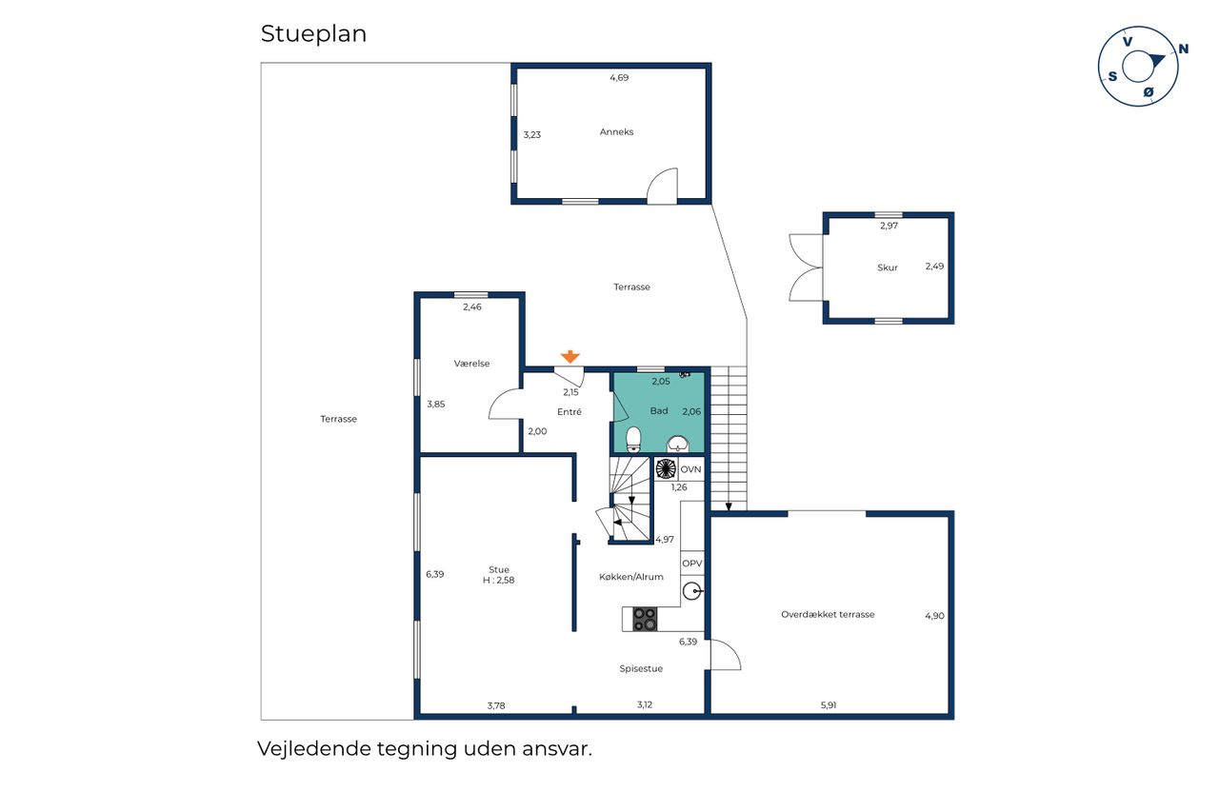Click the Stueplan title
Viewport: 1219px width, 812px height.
point(313,34)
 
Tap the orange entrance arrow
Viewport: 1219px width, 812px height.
point(570,357)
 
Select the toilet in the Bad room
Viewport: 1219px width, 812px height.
point(633,440)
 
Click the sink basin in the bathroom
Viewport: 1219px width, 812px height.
point(678,444)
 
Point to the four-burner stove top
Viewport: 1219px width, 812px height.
point(645,619)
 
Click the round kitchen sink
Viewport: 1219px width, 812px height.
point(691,590)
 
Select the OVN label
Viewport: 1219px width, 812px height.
point(690,469)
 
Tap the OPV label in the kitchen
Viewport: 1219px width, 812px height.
point(692,564)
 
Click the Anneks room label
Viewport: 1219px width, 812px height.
point(616,131)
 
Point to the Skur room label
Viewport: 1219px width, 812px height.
point(888,267)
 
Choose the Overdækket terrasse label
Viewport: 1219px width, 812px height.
point(828,615)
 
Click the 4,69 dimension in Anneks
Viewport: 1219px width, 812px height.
point(619,78)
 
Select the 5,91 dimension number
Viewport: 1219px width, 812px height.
point(829,705)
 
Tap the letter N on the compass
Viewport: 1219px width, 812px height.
point(1183,49)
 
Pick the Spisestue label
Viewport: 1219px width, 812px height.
point(641,669)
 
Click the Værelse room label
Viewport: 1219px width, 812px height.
point(471,364)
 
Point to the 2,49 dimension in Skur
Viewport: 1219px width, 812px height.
point(935,267)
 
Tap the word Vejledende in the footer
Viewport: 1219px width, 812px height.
point(314,749)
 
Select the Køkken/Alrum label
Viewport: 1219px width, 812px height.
point(631,577)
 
